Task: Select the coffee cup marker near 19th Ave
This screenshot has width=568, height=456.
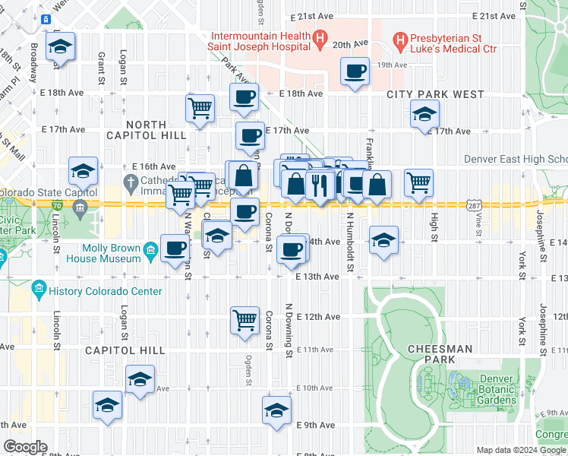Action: (x=355, y=72)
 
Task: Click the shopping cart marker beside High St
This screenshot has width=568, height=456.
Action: (x=418, y=182)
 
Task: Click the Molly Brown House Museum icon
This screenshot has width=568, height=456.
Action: (x=150, y=250)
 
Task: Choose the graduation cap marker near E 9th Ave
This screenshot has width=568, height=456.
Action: (x=277, y=410)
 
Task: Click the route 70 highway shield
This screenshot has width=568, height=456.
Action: (x=58, y=205)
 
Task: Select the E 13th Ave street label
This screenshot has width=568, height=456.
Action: (x=317, y=277)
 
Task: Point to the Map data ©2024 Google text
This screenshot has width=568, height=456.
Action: (x=521, y=450)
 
